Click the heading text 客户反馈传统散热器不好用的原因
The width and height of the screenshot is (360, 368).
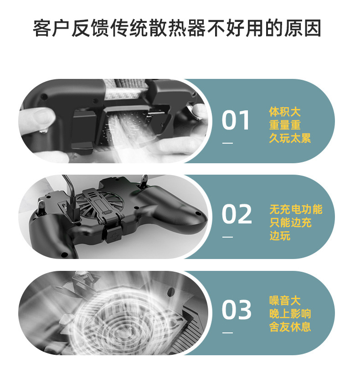[x=177, y=28]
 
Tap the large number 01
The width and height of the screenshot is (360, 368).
[x=236, y=121]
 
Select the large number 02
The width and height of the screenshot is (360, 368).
[x=237, y=214]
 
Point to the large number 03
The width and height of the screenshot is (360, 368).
[x=237, y=310]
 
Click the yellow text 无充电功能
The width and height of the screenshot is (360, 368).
[x=295, y=209]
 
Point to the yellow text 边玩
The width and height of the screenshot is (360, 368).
[x=279, y=236]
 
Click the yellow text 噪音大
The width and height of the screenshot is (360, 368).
[x=285, y=301]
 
